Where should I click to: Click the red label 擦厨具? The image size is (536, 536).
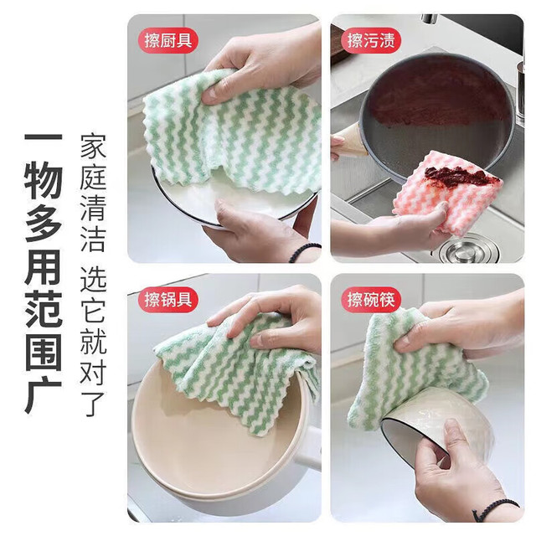coord(167,41)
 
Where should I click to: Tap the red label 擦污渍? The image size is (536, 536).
coord(371,41)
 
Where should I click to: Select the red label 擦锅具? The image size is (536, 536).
coord(167,300)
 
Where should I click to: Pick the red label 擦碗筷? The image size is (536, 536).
coord(371,300)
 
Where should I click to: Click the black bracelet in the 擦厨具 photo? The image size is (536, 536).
coord(303,251)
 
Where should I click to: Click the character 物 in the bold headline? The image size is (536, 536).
coord(44,180)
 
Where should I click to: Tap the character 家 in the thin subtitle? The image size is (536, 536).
coord(93,147)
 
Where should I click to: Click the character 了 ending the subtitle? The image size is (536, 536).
coord(93,405)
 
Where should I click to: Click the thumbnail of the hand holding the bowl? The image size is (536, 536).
coord(427,398)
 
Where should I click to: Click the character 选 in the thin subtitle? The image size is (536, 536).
coord(93,280)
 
